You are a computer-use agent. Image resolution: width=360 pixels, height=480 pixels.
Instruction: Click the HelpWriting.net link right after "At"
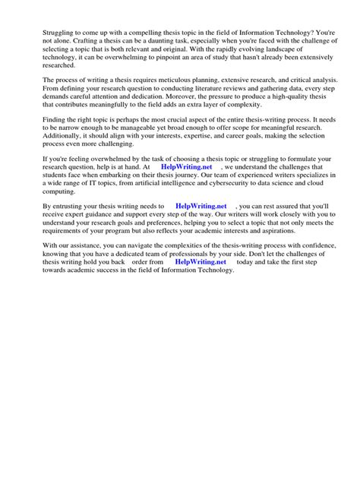[x=182, y=166]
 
